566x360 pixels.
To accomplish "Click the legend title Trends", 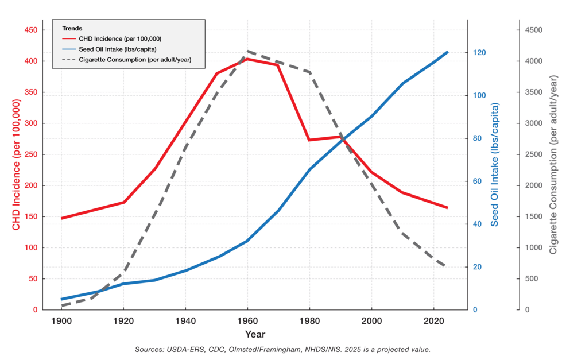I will (72, 28).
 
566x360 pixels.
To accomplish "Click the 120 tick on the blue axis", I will (480, 53).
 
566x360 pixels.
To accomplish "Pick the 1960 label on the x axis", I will (247, 320).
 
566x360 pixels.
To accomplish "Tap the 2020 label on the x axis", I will (434, 320).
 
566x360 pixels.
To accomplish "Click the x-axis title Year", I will (255, 334).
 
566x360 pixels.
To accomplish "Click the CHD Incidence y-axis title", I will (17, 166).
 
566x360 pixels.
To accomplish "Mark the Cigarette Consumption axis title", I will (553, 166).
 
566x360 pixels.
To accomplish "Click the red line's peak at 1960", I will (247, 59).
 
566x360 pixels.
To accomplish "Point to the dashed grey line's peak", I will (247, 51).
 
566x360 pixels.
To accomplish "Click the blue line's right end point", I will (447, 52).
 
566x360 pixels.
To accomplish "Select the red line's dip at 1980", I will (309, 140).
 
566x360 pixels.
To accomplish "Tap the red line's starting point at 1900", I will (61, 218).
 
